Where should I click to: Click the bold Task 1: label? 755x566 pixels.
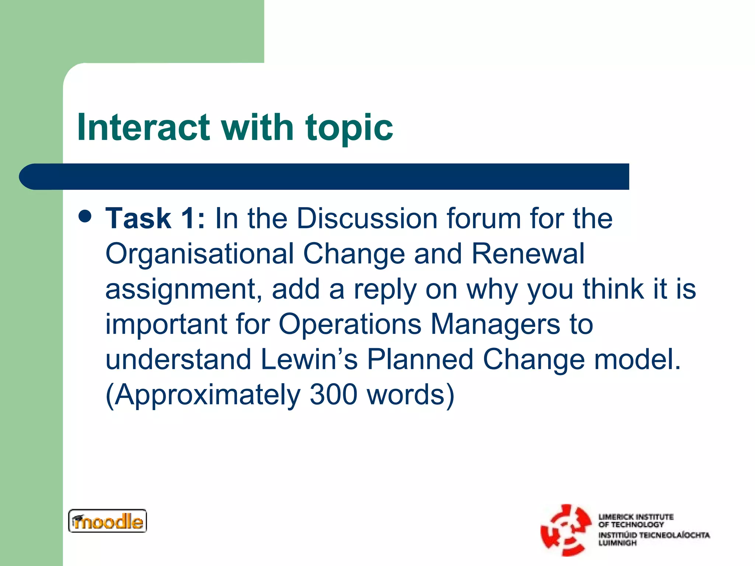(155, 219)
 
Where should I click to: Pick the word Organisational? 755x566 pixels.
(199, 254)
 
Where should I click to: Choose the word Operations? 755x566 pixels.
(350, 324)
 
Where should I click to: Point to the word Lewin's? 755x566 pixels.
(309, 359)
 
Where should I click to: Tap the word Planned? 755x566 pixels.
(420, 359)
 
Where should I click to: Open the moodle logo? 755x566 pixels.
(107, 521)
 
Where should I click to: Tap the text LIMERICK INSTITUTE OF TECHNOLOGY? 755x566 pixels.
(636, 520)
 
